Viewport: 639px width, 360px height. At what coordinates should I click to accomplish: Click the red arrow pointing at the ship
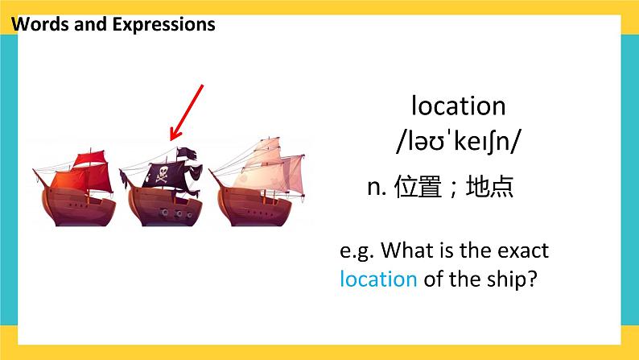(186, 113)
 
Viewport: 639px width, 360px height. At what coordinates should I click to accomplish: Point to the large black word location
(458, 106)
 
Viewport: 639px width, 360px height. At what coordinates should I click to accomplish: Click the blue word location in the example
(378, 279)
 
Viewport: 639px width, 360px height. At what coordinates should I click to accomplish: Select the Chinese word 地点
(489, 188)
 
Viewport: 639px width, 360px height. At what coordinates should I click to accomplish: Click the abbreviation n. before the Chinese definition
(378, 188)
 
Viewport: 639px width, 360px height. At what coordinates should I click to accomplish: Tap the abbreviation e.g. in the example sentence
(355, 250)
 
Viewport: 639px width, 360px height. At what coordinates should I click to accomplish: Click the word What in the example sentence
(402, 250)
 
